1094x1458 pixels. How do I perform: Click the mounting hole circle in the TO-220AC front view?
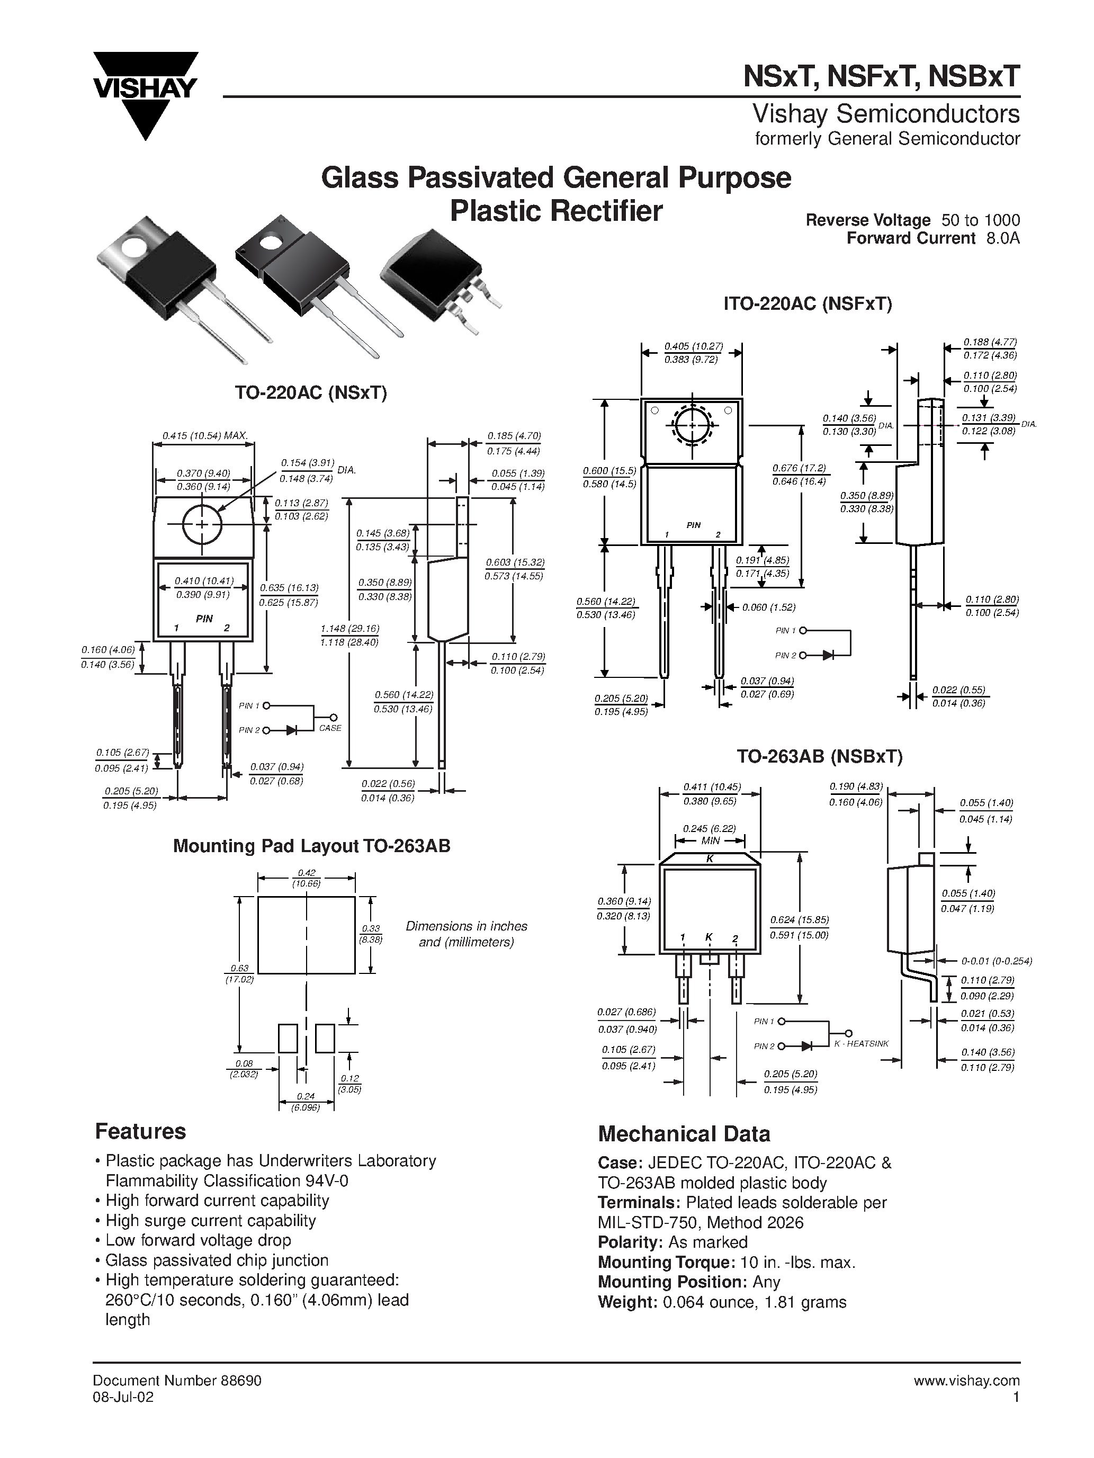(x=202, y=525)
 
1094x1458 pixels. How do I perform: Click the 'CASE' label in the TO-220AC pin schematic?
(x=330, y=728)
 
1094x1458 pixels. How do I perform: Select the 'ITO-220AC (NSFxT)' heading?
(x=808, y=304)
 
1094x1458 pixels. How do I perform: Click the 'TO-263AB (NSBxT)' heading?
(x=819, y=756)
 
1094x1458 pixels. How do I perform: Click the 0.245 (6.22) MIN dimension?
(x=709, y=835)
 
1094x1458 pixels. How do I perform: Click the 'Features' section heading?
(x=140, y=1131)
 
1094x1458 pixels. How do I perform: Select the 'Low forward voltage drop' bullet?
(x=198, y=1240)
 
